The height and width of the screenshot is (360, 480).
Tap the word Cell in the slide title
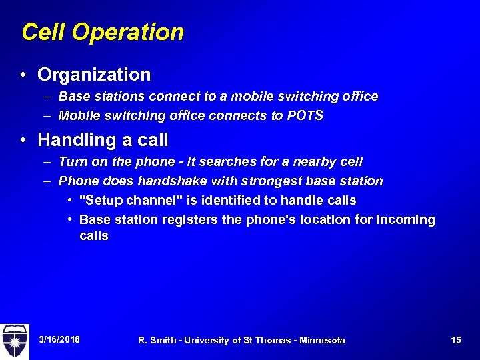pyautogui.click(x=44, y=32)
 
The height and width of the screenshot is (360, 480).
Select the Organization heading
pyautogui.click(x=94, y=74)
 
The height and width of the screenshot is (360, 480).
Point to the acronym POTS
pyautogui.click(x=305, y=115)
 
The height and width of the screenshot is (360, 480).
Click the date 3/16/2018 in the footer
pyautogui.click(x=59, y=340)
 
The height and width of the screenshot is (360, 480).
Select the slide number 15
pyautogui.click(x=456, y=340)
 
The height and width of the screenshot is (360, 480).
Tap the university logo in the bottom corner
pyautogui.click(x=15, y=341)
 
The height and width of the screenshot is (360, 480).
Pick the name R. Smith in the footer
pyautogui.click(x=157, y=340)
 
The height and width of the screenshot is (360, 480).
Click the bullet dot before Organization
pyautogui.click(x=24, y=75)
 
